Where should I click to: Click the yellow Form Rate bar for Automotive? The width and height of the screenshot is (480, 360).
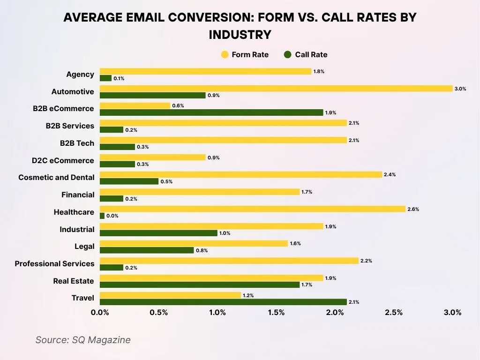[276, 89]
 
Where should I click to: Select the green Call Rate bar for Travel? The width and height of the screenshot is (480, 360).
[223, 302]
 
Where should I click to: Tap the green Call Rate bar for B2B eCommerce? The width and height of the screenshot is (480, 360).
[211, 112]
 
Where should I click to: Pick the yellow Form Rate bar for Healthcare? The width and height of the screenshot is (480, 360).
[253, 209]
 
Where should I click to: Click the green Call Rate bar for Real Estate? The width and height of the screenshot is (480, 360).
[200, 285]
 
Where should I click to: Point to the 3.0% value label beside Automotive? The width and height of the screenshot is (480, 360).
[460, 89]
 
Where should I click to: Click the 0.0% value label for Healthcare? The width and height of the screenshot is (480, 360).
[112, 216]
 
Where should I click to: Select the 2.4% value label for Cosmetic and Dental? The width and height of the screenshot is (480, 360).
[390, 174]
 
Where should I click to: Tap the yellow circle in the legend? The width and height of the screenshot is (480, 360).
[225, 55]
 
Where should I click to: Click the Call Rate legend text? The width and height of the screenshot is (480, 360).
[311, 55]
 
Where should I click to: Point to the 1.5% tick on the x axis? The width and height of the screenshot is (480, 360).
[276, 313]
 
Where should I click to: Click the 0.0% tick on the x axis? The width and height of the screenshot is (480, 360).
[100, 313]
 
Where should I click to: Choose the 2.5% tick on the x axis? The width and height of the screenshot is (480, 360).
[394, 313]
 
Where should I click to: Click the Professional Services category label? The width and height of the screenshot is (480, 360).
[54, 263]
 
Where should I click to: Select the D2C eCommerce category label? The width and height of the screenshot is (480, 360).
[63, 160]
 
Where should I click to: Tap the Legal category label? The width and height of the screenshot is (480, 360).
[84, 246]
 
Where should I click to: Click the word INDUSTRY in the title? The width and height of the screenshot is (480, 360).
[240, 35]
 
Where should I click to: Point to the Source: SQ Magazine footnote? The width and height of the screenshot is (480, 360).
[83, 340]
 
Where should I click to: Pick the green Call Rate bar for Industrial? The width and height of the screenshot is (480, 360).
[158, 233]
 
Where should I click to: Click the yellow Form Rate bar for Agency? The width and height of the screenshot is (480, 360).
[205, 71]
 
